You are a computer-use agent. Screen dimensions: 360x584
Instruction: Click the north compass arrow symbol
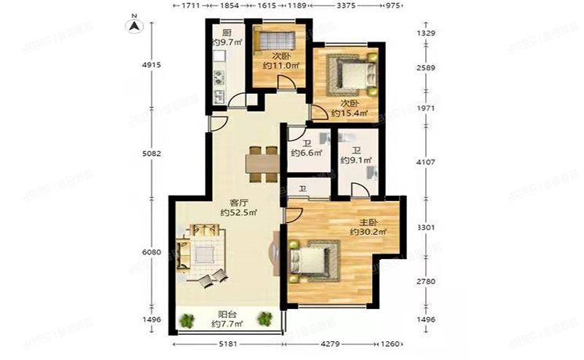(135, 24)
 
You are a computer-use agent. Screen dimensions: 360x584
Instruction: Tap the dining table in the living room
(261, 164)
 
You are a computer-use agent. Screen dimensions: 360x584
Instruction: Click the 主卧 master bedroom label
(362, 221)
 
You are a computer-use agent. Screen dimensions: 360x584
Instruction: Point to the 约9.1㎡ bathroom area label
(355, 161)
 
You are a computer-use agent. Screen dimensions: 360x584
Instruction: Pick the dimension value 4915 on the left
(152, 65)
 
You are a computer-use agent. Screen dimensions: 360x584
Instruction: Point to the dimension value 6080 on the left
(152, 252)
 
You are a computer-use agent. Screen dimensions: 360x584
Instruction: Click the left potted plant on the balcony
(187, 319)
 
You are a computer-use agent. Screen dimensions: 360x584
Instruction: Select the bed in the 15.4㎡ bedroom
(348, 75)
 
